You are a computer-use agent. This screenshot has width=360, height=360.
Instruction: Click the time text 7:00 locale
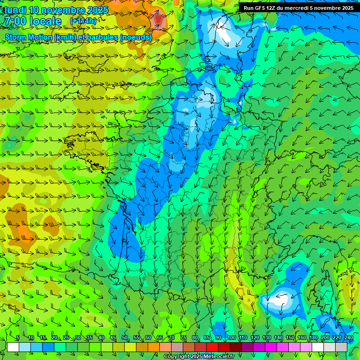33,21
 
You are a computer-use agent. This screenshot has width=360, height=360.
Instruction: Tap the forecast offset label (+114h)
83,21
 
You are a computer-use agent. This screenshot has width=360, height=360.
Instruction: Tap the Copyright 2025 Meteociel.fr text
199,357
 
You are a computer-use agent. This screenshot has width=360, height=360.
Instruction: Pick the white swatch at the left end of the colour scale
13,347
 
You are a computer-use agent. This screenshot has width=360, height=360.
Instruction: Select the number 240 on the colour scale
348,337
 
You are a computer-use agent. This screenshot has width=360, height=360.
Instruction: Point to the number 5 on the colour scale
17,337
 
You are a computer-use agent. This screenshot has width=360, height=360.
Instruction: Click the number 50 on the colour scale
125,337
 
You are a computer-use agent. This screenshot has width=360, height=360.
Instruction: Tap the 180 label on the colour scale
313,337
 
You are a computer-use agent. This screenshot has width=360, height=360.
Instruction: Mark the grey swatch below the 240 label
341,347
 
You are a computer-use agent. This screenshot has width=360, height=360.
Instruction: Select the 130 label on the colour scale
266,337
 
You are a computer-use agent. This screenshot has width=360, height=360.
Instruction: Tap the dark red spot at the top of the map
159,19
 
